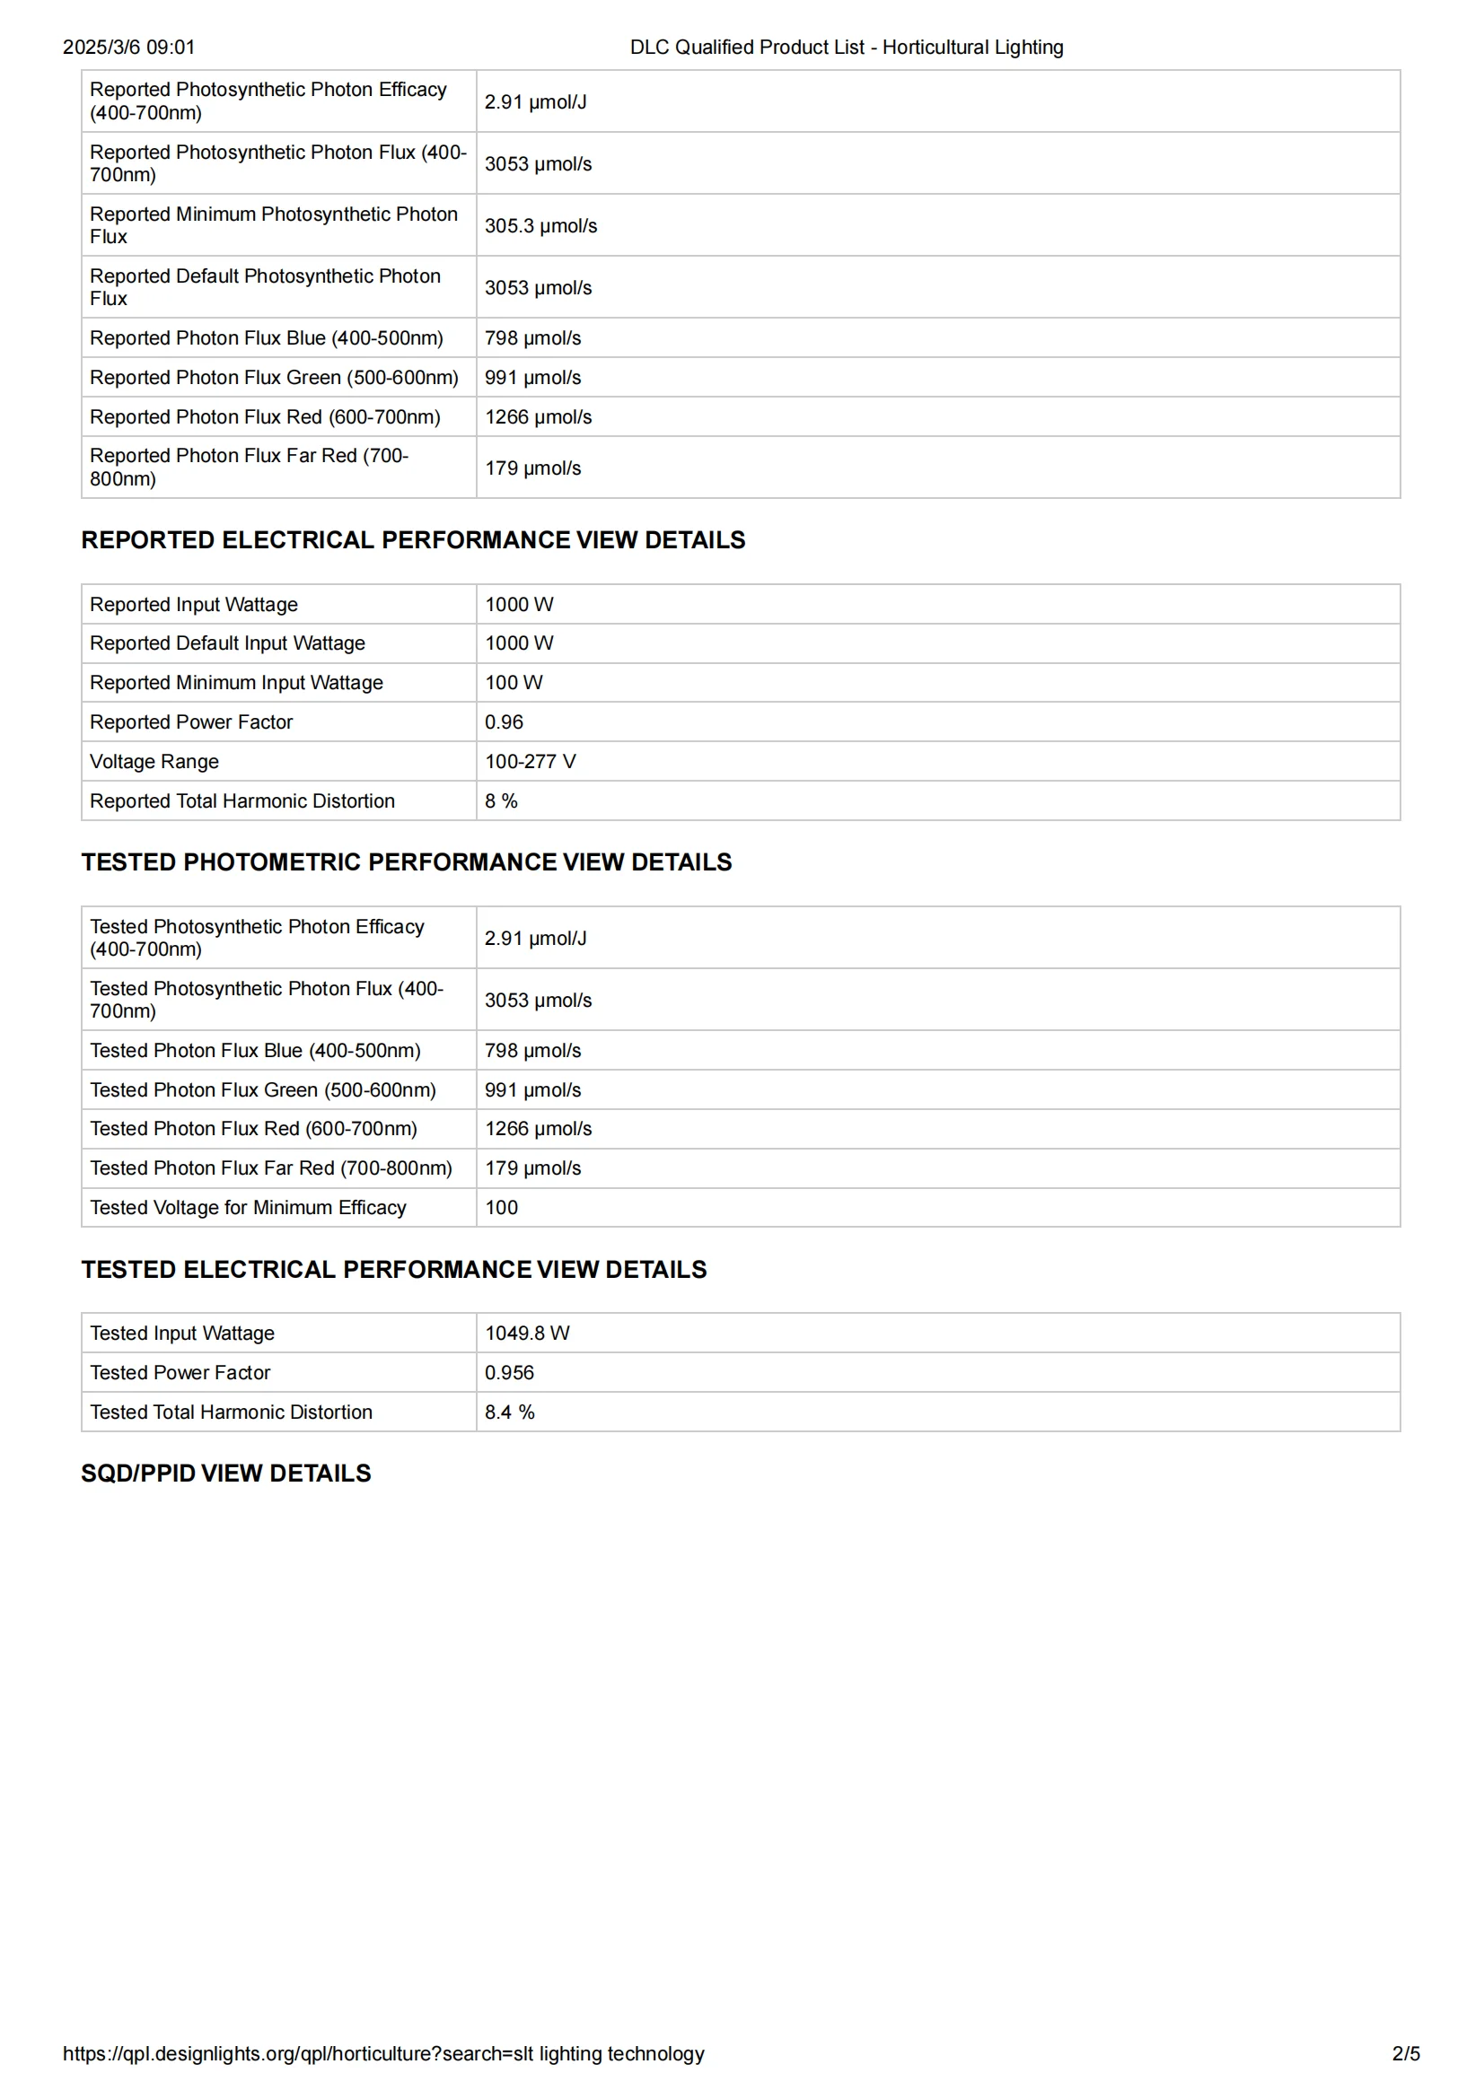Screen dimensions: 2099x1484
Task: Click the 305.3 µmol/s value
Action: [540, 226]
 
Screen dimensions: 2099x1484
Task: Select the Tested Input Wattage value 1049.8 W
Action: [527, 1333]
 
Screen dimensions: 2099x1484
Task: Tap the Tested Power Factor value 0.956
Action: [509, 1372]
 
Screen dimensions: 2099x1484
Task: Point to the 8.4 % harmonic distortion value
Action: [509, 1412]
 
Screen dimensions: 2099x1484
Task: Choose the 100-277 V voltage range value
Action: [530, 762]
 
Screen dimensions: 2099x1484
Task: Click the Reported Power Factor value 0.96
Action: [504, 722]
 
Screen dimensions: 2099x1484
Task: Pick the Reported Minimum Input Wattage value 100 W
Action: [513, 683]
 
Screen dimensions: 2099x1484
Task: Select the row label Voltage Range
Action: [154, 762]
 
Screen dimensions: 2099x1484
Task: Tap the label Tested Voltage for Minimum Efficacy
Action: [248, 1208]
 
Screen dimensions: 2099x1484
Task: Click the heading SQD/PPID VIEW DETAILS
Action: [226, 1474]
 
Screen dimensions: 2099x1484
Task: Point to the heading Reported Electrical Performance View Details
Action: [413, 540]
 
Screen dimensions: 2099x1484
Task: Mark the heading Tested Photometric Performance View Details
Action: [406, 862]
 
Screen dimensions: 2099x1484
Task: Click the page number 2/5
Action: [1405, 2054]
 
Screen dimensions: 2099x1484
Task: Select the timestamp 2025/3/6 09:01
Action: [129, 48]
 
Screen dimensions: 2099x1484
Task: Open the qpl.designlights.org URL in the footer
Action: [383, 2054]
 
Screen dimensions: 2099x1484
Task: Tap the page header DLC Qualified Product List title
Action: [846, 48]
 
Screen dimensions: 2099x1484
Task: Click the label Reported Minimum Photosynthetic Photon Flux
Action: [274, 225]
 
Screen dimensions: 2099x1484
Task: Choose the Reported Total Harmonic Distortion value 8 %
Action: [501, 800]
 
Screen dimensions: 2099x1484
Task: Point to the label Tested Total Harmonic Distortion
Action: [231, 1412]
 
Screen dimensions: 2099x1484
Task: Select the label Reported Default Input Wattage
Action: [227, 643]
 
